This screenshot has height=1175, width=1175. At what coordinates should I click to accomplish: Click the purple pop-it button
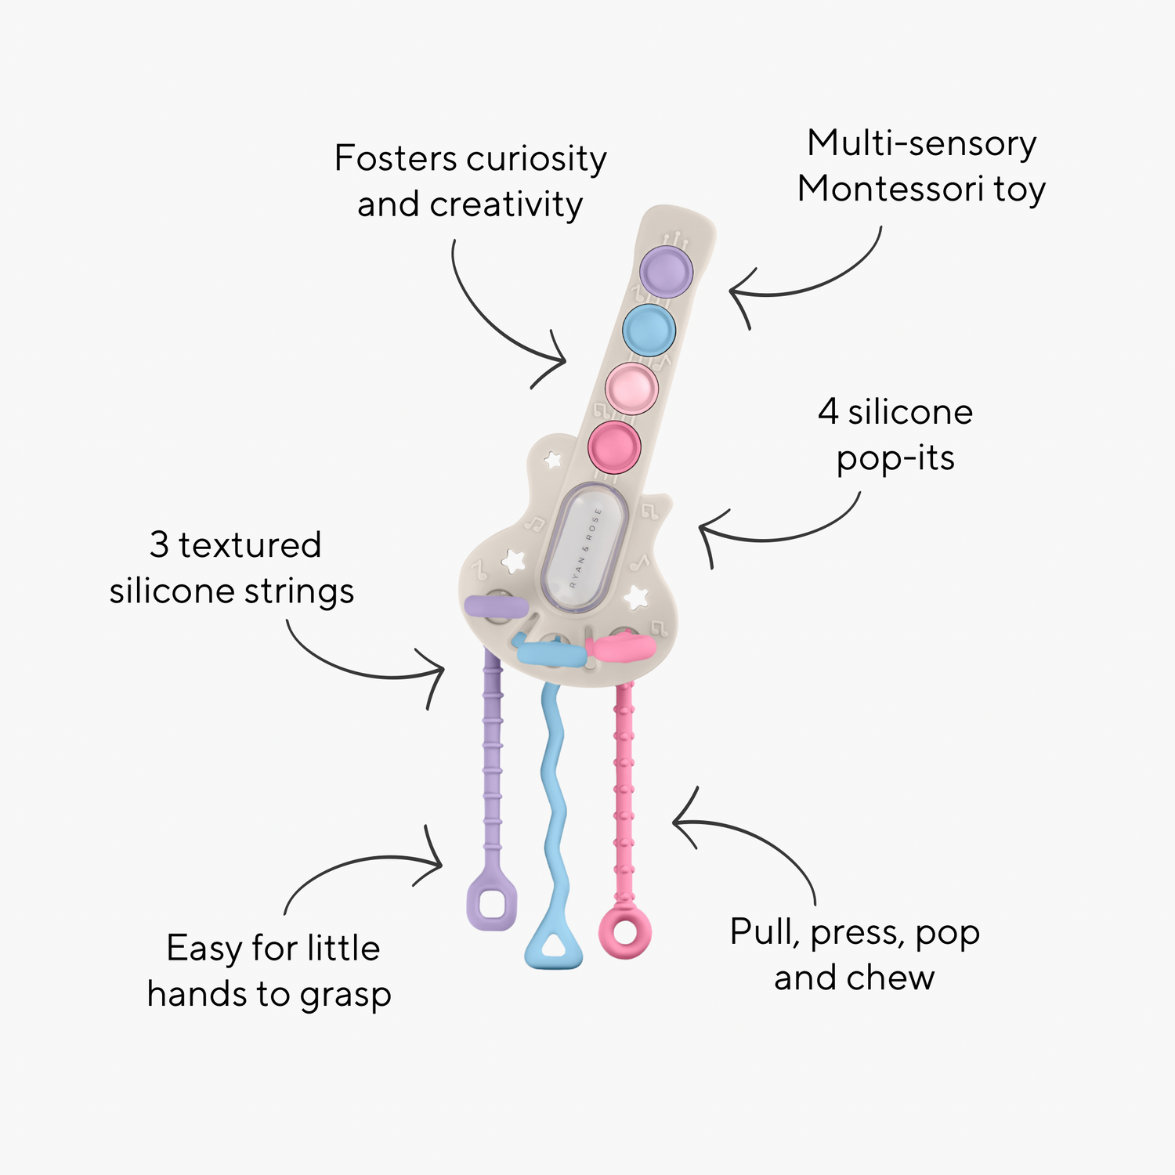tap(667, 271)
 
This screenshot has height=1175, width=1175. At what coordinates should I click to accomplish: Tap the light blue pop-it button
tap(649, 330)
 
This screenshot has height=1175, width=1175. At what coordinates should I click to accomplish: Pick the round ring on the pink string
tap(624, 931)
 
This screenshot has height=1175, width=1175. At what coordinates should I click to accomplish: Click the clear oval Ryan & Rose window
tap(585, 548)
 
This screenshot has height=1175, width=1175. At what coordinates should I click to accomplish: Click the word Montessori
tap(891, 189)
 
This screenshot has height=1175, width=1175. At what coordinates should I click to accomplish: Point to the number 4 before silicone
tap(828, 412)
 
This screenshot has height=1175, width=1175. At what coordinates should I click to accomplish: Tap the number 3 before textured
tap(159, 545)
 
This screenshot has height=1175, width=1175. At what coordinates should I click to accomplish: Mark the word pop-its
tap(895, 458)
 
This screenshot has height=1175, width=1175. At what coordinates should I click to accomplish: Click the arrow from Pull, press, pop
tap(752, 842)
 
